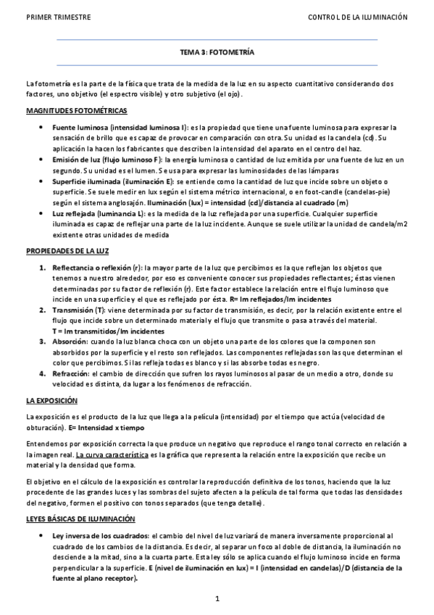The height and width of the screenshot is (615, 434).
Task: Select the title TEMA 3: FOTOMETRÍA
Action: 217,53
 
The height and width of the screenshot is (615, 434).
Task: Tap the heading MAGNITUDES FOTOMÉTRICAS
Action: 76,111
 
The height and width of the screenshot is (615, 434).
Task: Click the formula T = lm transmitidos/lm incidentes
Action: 108,330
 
